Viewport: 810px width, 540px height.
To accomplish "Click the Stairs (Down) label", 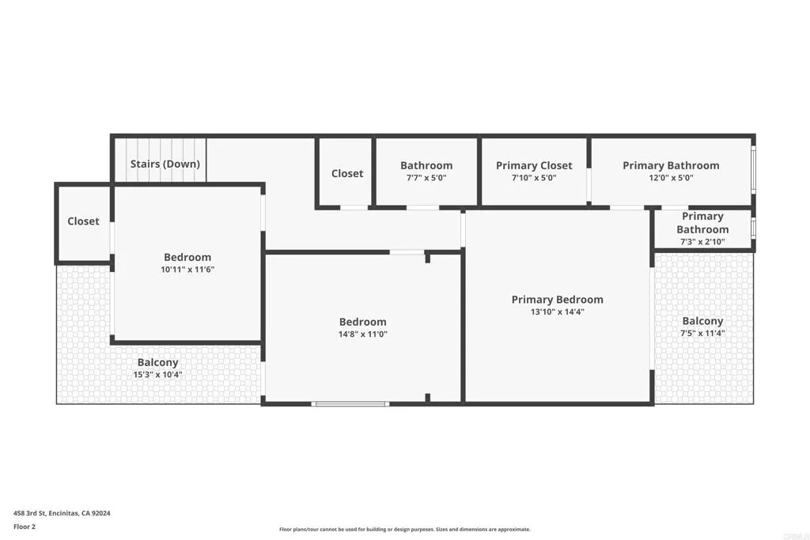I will tap(165, 164).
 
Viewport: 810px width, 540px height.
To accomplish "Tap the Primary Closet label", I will tap(534, 165).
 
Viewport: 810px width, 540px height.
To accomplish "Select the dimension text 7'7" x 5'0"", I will tap(426, 178).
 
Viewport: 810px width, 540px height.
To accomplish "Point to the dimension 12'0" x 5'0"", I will tap(671, 178).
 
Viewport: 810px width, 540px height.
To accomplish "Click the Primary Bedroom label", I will tap(557, 300).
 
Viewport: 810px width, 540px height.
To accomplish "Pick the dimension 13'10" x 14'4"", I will tap(557, 312).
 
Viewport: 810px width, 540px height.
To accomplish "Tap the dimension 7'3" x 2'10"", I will tap(702, 242).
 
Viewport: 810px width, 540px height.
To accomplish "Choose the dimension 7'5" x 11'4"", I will tap(702, 334).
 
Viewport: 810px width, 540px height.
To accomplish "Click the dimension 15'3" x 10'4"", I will tap(157, 375).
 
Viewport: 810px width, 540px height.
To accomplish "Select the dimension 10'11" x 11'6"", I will tap(187, 270).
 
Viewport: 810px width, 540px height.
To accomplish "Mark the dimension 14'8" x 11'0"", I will tap(362, 334).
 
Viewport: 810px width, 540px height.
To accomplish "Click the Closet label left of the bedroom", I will tap(83, 221).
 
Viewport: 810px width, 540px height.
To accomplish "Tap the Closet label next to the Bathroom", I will tap(347, 174).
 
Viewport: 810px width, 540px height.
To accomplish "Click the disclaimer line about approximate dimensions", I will tap(404, 530).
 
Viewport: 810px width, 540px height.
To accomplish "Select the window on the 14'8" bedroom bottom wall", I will tap(350, 404).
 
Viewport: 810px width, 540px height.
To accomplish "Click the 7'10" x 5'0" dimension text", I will tap(534, 178).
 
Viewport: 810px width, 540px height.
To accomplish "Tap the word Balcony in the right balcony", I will tap(702, 321).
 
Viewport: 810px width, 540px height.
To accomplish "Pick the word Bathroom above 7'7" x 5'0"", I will tap(426, 165).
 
